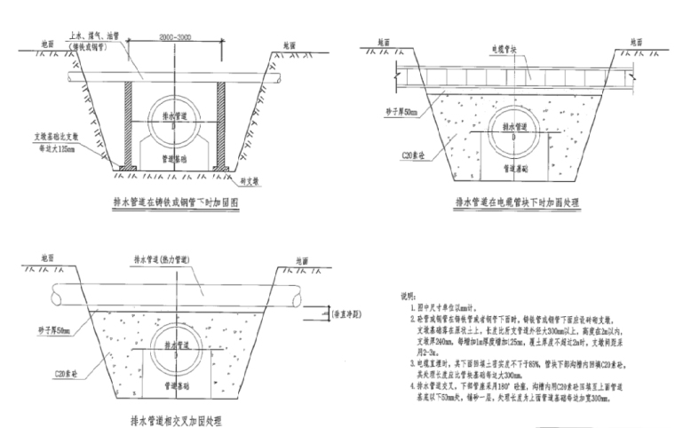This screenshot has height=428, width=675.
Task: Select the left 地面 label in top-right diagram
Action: coord(382,42)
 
